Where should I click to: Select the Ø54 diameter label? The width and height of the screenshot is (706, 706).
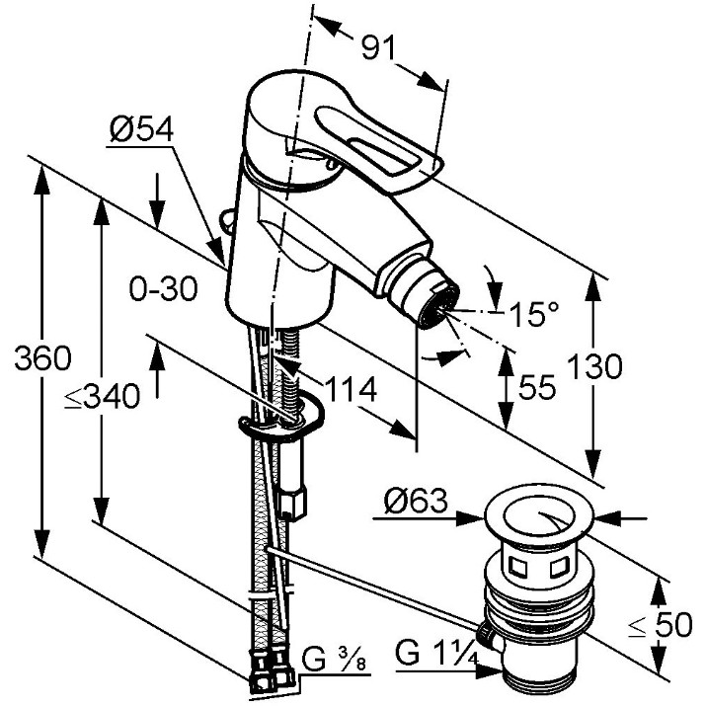point(141,129)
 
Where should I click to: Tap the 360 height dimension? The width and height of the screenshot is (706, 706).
point(42,358)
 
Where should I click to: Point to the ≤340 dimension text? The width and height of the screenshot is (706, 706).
point(103,396)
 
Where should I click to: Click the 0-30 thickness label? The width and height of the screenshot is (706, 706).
point(164,288)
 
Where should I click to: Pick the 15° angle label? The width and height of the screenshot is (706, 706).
point(534,313)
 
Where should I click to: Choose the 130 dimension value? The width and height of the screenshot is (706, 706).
point(594,366)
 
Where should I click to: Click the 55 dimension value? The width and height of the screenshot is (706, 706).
point(537,387)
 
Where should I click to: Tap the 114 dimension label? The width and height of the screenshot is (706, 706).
point(351,389)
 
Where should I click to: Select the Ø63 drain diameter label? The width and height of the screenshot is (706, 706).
point(416,501)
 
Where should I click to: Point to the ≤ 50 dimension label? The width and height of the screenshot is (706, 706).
point(660,624)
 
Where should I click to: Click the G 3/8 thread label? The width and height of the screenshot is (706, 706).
point(334,660)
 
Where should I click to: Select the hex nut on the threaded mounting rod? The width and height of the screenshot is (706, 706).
point(292,504)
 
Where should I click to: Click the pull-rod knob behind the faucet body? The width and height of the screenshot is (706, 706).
point(226,220)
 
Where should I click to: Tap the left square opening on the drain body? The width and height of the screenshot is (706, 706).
point(516,567)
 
